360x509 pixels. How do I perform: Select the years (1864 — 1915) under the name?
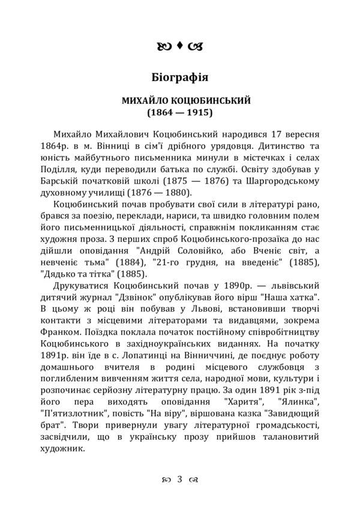pos(179,112)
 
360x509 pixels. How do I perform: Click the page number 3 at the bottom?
pos(180,478)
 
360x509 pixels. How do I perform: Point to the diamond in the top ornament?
pos(180,44)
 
